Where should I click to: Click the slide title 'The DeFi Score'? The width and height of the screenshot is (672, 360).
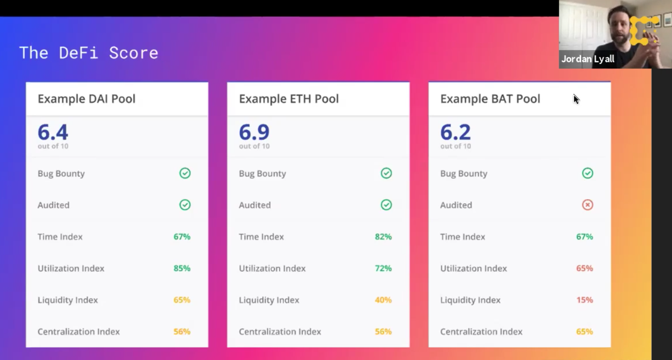click(x=89, y=53)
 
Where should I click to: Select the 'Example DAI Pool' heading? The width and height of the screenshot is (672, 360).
click(x=86, y=99)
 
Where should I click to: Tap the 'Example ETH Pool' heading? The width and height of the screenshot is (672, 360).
click(x=289, y=99)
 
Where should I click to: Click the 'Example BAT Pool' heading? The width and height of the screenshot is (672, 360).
click(x=490, y=99)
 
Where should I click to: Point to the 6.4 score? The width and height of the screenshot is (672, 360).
click(x=53, y=132)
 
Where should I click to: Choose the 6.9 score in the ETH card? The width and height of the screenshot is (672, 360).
click(x=254, y=132)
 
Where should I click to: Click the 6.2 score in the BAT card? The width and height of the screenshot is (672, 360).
click(x=455, y=132)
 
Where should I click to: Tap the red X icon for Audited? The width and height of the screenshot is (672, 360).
click(x=587, y=205)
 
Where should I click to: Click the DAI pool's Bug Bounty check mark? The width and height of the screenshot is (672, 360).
click(x=185, y=173)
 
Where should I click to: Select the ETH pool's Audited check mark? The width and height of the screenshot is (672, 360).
click(x=386, y=205)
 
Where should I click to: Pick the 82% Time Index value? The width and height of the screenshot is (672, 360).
click(x=383, y=237)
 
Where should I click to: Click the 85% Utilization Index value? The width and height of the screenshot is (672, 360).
click(x=182, y=268)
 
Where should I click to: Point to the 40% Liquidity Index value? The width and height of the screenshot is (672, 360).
click(x=383, y=300)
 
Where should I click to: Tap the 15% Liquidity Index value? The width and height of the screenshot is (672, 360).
click(x=584, y=300)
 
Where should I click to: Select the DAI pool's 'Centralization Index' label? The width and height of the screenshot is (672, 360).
click(x=79, y=331)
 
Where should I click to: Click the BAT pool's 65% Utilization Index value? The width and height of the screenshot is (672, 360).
click(x=584, y=268)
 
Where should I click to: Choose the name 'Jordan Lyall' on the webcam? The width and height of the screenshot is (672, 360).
click(x=588, y=59)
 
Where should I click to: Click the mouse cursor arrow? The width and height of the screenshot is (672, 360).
click(x=576, y=99)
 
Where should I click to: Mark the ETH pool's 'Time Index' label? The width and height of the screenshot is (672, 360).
click(x=261, y=237)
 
